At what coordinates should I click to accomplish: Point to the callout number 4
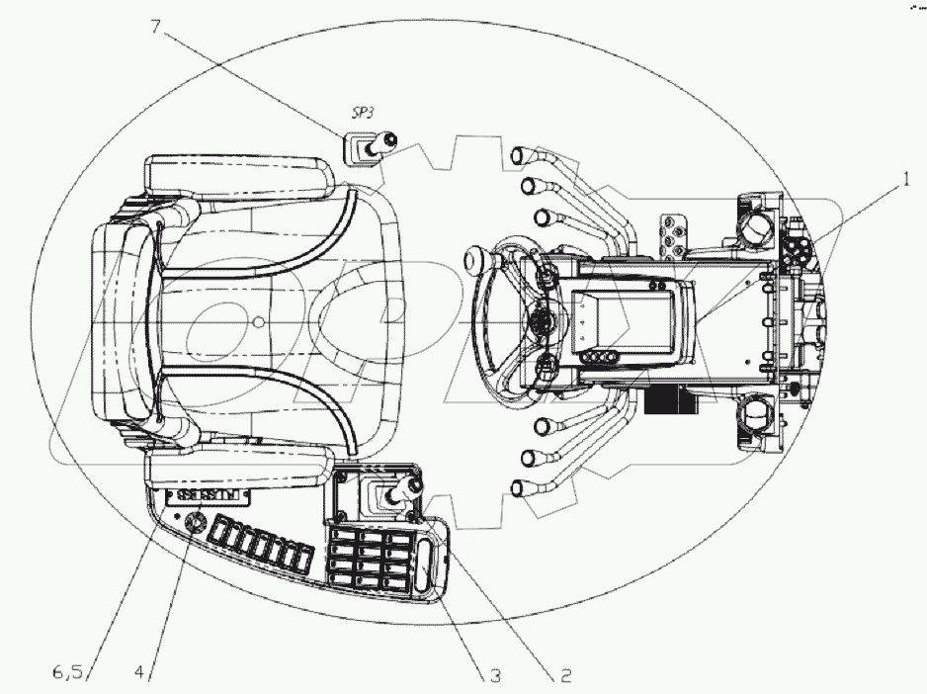pyautogui.click(x=141, y=672)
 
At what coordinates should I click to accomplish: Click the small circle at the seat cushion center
pyautogui.click(x=257, y=320)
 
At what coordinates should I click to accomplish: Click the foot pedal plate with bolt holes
pyautogui.click(x=674, y=231)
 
